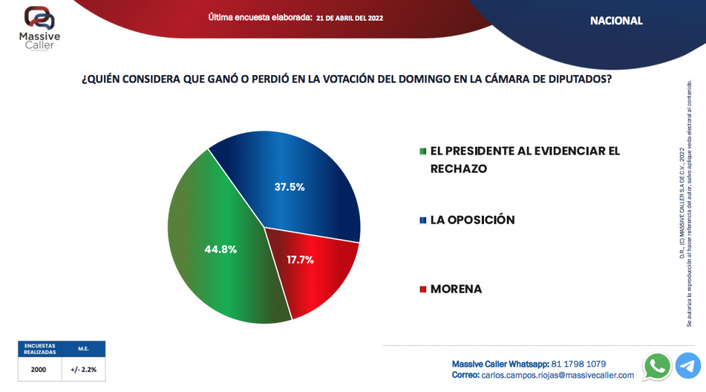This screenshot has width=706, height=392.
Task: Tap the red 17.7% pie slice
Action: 317,276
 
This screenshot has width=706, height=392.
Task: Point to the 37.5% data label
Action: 290,187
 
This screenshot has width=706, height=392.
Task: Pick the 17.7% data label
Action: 300,260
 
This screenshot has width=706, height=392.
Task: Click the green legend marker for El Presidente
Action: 423,152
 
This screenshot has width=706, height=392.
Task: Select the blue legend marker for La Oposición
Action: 423,220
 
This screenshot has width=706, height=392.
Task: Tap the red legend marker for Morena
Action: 423,289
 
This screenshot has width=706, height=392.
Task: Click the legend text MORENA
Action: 456,289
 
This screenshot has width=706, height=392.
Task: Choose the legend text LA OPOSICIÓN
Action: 472,220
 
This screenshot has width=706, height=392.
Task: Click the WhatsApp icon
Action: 656,366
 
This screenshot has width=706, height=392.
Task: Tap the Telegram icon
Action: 688,366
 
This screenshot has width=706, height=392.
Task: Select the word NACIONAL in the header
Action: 616,21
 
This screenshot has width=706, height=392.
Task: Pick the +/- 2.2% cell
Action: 83,369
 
